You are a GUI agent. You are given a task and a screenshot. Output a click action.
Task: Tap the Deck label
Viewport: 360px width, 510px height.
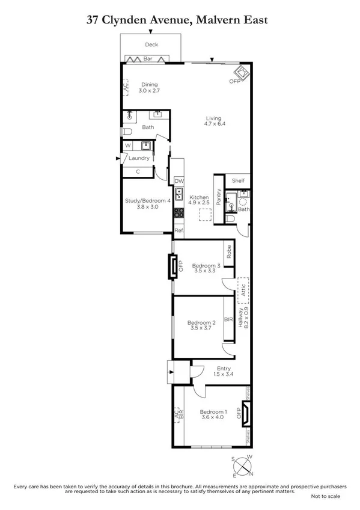point(150,45)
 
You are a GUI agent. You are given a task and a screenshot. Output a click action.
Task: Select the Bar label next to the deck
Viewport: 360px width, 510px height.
point(147,58)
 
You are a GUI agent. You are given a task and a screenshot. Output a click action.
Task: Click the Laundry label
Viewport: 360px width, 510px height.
point(139,158)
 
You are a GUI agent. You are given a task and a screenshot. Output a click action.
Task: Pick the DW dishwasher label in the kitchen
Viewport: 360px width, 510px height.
point(178,181)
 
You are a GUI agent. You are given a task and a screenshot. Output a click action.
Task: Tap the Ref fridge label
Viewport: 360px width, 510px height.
point(178,230)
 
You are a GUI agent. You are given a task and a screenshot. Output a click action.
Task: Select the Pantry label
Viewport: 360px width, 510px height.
point(219,197)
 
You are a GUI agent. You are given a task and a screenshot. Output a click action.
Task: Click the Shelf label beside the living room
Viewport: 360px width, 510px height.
point(239,180)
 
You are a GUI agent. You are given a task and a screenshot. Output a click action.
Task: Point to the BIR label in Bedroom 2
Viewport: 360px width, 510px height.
point(228,320)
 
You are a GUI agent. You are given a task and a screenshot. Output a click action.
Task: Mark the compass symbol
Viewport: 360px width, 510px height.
point(243,465)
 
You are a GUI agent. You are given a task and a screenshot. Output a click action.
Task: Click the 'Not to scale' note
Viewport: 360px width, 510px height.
point(325,496)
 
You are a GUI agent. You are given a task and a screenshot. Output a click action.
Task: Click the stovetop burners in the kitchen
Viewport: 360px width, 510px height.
point(178,213)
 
